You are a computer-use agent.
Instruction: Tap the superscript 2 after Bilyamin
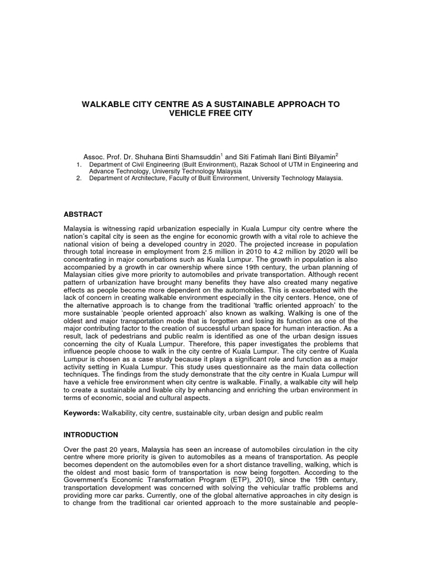click(x=337, y=154)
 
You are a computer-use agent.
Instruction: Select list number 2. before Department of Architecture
click(x=79, y=178)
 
